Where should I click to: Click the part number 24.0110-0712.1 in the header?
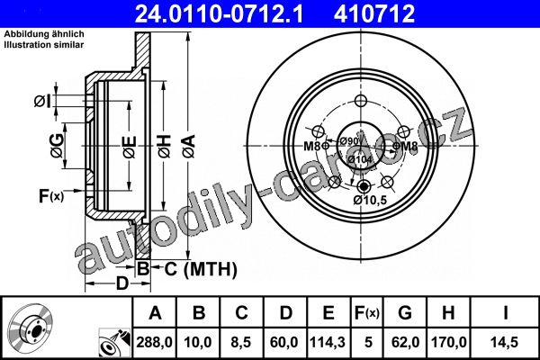(219, 13)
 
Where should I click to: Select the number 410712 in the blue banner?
(374, 13)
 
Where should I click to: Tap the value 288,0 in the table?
(154, 342)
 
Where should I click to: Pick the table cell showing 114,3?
(328, 342)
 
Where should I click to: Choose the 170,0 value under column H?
(448, 342)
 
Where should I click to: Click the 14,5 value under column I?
(505, 342)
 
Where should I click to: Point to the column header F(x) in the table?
(367, 313)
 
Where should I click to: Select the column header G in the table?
(405, 313)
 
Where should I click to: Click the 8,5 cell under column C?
(241, 342)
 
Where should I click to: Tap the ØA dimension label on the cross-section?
(189, 147)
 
